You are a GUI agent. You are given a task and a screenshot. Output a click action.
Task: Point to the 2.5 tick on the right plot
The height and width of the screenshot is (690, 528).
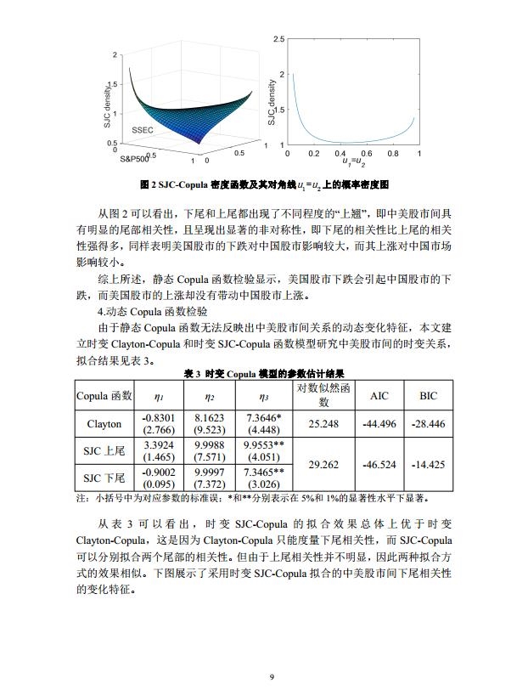pos(278,40)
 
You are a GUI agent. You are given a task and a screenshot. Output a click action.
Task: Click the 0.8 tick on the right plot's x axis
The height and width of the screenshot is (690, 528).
pos(392,154)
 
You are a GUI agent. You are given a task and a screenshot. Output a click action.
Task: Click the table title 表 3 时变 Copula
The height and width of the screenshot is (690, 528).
pos(264,374)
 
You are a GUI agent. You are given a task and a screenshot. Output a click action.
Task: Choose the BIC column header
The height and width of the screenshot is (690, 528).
pos(429,396)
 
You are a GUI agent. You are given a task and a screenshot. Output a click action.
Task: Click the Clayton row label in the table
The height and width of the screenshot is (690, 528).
pos(104,424)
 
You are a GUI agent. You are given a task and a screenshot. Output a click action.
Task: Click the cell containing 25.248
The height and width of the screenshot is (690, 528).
pos(323,424)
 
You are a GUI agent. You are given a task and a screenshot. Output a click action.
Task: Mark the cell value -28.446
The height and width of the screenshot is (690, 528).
pos(429,424)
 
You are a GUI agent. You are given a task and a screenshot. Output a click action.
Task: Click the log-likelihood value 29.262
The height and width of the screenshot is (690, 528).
pos(323,465)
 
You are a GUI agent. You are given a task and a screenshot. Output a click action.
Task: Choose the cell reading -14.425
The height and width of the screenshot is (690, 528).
pos(429,465)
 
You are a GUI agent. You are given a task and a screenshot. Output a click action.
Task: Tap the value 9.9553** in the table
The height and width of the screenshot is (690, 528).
pos(263,444)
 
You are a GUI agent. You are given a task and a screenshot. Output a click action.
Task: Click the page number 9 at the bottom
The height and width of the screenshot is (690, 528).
pos(272,676)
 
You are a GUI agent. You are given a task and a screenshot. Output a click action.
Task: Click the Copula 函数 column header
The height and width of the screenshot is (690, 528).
pos(104,396)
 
